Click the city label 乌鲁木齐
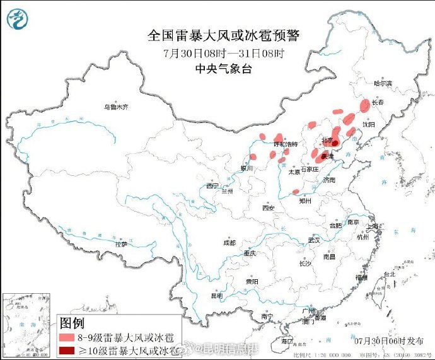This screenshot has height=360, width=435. [x=116, y=107]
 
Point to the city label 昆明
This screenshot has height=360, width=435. [x=217, y=295]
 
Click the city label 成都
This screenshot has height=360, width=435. [x=228, y=243]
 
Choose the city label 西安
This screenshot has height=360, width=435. [x=269, y=208]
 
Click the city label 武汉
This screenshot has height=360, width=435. [x=314, y=240]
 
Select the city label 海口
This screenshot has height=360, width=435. [x=287, y=341]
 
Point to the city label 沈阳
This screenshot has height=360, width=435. [x=368, y=125]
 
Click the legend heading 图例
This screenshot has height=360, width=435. [x=72, y=323]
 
